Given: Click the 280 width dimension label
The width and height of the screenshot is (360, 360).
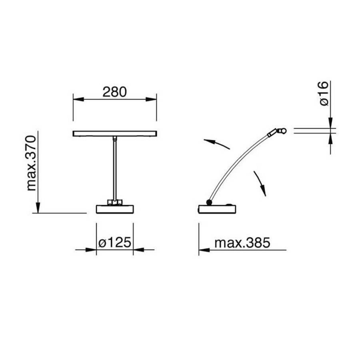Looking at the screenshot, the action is pyautogui.click(x=114, y=92).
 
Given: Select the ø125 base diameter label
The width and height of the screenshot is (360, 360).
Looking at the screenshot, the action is pyautogui.click(x=115, y=242).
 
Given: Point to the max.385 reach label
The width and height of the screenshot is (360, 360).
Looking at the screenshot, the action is pyautogui.click(x=242, y=243).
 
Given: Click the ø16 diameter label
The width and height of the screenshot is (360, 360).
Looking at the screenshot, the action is pyautogui.click(x=324, y=93).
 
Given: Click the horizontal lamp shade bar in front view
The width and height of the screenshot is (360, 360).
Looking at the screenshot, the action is pyautogui.click(x=115, y=134).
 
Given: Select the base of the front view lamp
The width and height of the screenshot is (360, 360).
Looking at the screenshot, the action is pyautogui.click(x=115, y=209).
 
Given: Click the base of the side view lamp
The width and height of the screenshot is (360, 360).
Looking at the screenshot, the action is pyautogui.click(x=217, y=209).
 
